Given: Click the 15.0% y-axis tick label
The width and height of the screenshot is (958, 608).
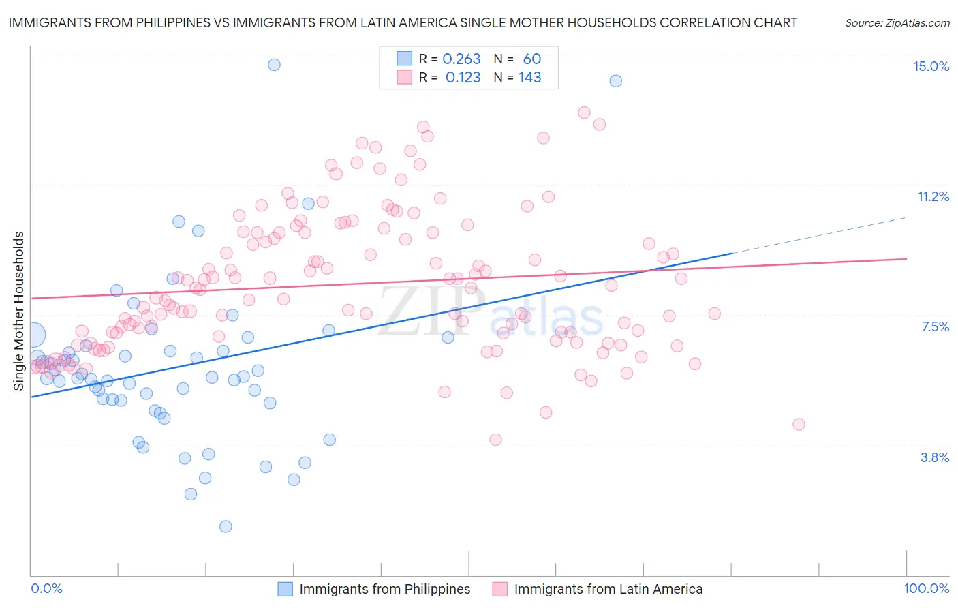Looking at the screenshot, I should [x=931, y=66].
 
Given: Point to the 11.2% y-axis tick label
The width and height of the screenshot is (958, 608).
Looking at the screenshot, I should [x=933, y=196].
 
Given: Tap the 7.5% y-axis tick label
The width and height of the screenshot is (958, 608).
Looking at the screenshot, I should [x=935, y=326].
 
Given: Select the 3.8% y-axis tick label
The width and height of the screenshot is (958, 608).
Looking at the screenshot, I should [x=935, y=457].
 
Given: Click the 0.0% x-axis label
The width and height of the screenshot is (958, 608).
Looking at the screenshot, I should [x=46, y=588].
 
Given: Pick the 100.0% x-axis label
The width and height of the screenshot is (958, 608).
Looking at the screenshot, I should [x=926, y=588].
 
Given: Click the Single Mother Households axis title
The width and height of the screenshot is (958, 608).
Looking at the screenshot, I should [x=19, y=311].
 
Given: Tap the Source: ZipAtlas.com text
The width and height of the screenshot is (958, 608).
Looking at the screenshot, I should [x=897, y=22].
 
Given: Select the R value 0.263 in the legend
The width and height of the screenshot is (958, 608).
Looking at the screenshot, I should [x=461, y=59].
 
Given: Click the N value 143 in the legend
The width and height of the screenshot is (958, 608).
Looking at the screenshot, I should [x=529, y=77].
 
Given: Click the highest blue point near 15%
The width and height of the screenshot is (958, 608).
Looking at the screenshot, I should [x=274, y=65].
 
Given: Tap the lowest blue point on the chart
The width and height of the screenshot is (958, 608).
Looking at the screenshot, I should [x=226, y=526].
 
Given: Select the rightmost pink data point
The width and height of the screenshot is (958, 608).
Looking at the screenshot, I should [x=799, y=424].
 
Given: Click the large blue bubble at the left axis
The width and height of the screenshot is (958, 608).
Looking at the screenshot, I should [x=33, y=335].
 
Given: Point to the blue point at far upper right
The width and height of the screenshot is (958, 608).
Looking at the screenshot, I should [x=615, y=80].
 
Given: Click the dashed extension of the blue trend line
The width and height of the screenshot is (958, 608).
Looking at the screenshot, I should [x=818, y=235].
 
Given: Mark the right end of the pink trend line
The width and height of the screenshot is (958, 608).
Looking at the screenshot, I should [x=906, y=259].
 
